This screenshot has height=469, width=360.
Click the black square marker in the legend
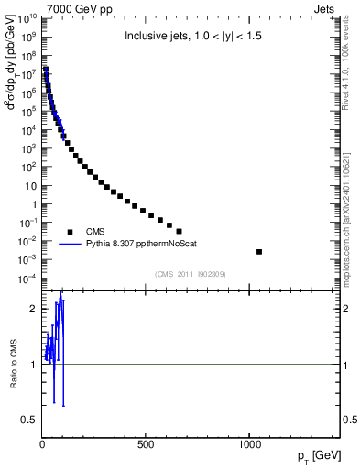(x=70, y=232)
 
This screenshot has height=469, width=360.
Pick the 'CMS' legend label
(x=97, y=232)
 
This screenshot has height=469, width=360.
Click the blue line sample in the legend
(x=70, y=245)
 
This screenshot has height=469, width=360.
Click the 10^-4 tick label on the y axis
(x=27, y=278)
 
